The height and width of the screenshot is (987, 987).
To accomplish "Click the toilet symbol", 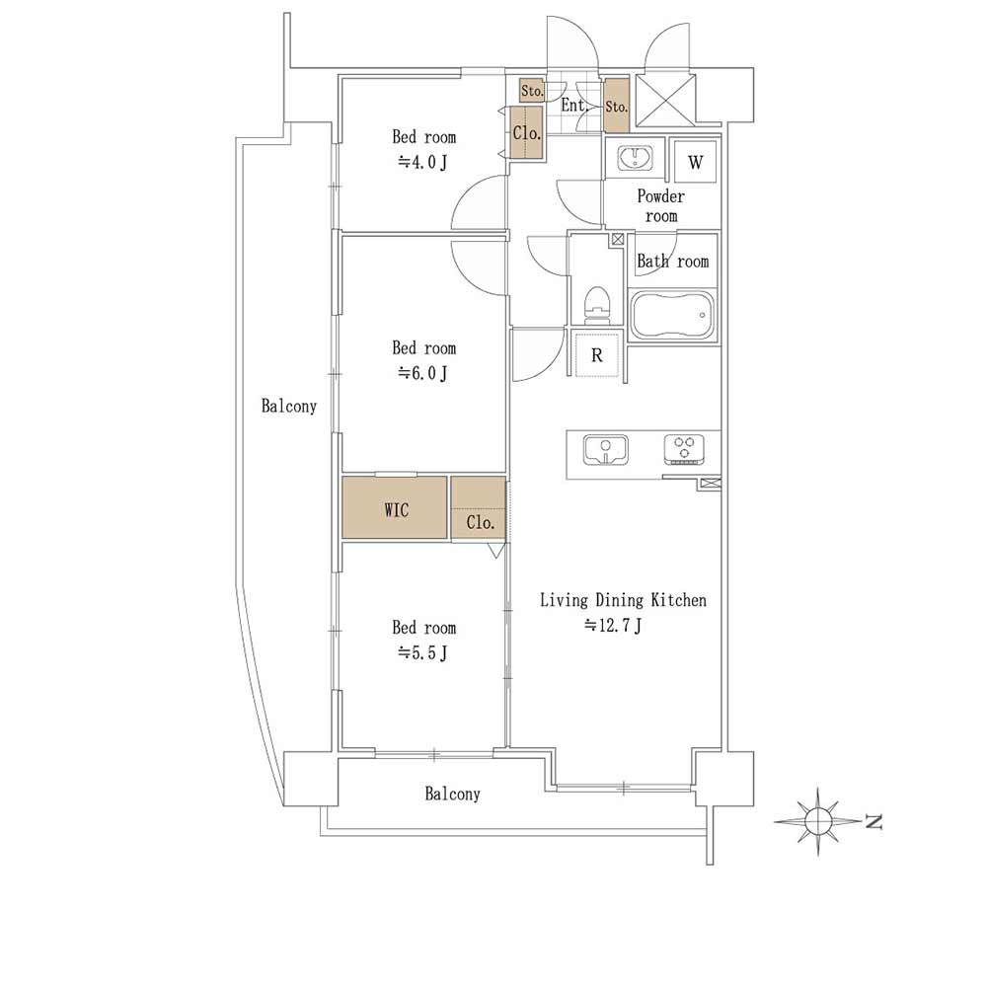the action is click(597, 304).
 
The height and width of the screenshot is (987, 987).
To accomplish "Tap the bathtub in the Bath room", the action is click(672, 314).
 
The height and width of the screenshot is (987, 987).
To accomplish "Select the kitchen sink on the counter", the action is click(606, 450).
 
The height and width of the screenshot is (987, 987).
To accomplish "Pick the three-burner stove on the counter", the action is click(684, 450).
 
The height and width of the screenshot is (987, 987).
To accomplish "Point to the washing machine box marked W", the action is click(695, 161).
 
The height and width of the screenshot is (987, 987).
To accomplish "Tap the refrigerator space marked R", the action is click(597, 355).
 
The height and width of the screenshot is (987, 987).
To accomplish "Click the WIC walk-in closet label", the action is click(396, 509).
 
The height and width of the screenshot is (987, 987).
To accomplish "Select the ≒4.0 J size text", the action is click(422, 162).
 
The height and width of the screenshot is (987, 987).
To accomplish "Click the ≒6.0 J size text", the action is click(422, 373).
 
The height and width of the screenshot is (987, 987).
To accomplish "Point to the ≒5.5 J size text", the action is click(422, 652).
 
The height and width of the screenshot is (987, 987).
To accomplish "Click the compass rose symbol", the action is click(817, 821).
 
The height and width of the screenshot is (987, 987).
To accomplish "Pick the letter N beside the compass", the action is click(873, 821).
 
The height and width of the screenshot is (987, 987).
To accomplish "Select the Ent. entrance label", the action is click(574, 106).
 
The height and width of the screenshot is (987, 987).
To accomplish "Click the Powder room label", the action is click(661, 206).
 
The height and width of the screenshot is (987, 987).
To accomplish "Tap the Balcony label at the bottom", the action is click(452, 794).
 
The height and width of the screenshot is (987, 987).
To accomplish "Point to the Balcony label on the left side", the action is click(288, 406).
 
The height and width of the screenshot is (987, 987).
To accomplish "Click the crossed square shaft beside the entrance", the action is click(665, 101).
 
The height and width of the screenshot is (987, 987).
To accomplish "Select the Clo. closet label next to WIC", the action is click(480, 522).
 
